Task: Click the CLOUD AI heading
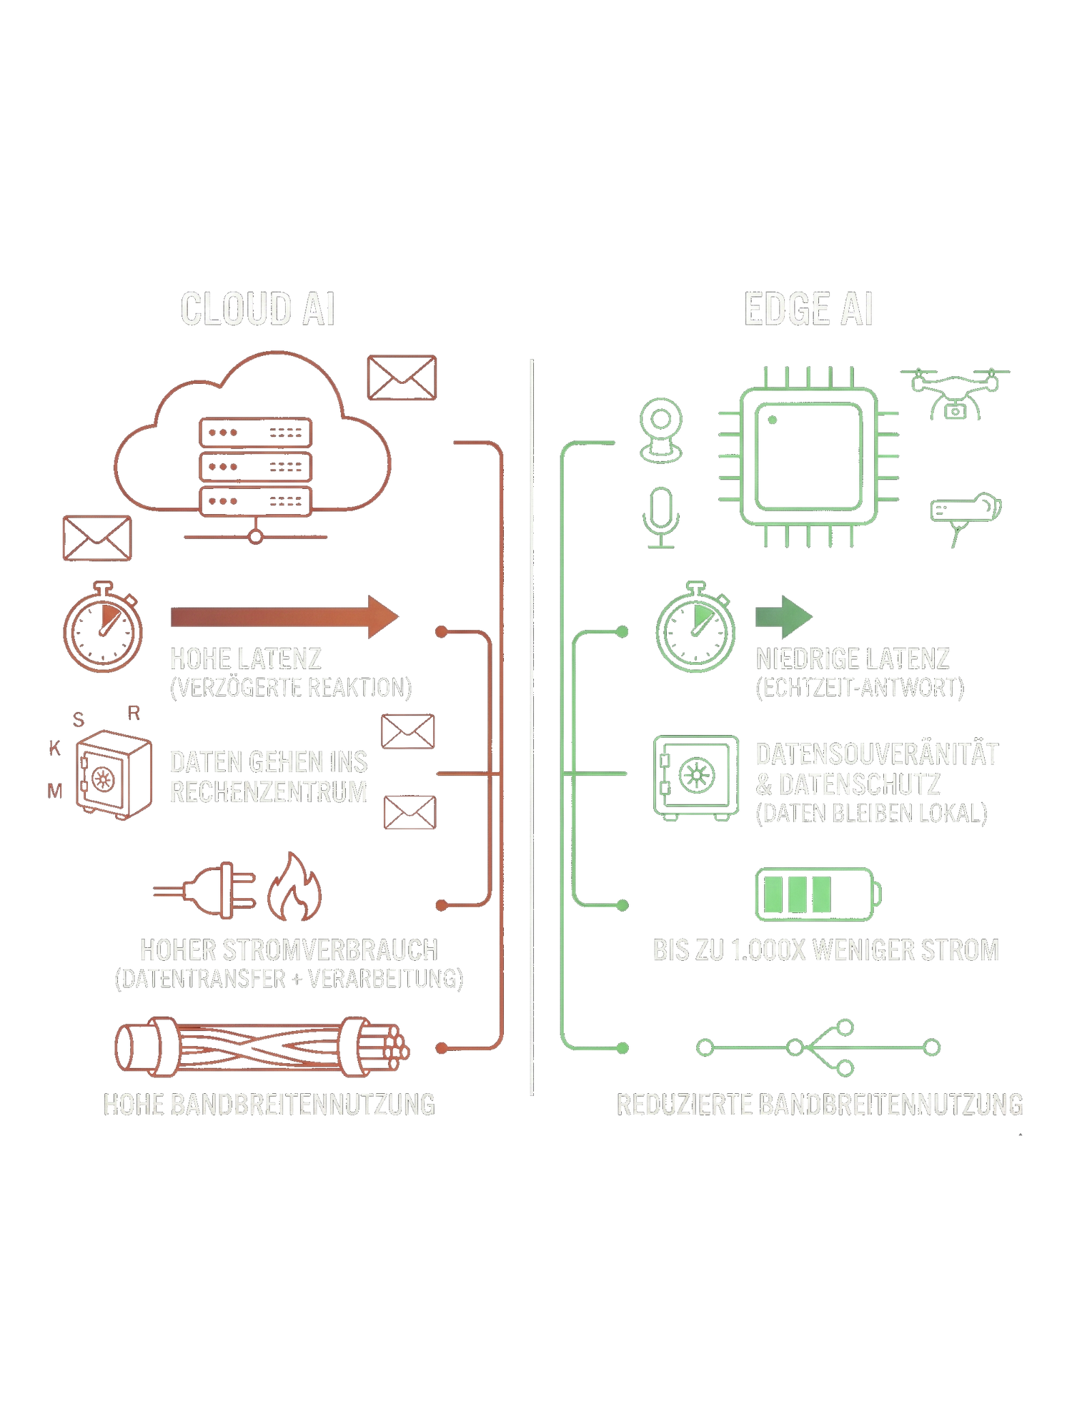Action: click(x=257, y=309)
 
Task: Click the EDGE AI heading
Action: click(x=808, y=310)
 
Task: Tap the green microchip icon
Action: click(x=809, y=457)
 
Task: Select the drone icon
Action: click(x=954, y=393)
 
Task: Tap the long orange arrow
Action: click(x=284, y=616)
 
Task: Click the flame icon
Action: click(x=294, y=887)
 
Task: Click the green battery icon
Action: click(x=818, y=894)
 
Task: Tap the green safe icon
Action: click(x=695, y=776)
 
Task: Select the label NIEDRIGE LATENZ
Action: click(x=853, y=658)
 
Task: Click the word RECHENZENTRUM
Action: click(x=269, y=792)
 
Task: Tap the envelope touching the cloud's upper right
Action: click(x=402, y=377)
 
